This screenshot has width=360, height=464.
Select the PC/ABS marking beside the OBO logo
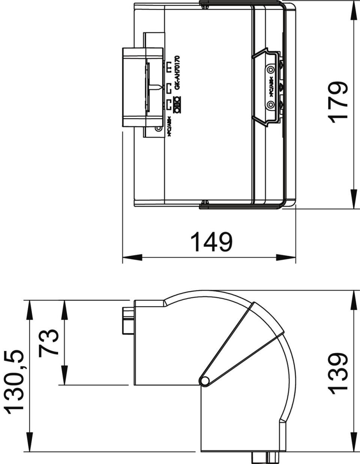169,127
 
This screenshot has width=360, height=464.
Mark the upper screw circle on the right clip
270,70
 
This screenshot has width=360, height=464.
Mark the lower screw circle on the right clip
270,104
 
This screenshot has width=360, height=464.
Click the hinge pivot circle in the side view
205,380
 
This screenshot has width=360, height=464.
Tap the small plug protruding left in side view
127,320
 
